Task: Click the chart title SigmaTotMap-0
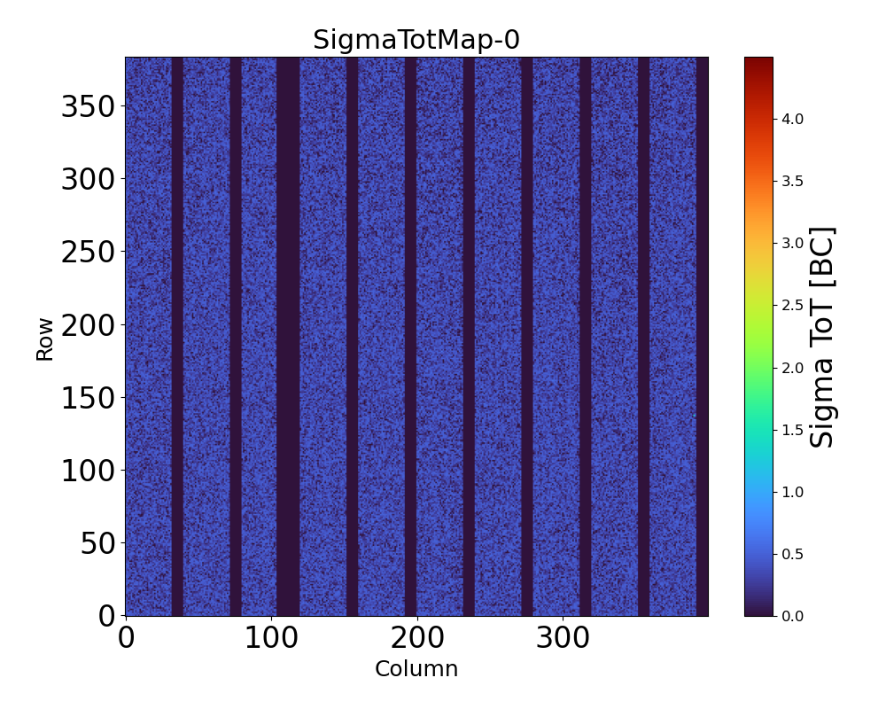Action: (x=416, y=40)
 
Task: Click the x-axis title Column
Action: (x=416, y=669)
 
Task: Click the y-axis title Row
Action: (x=44, y=338)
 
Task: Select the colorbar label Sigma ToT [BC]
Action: (x=823, y=338)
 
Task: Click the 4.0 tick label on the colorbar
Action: (x=792, y=119)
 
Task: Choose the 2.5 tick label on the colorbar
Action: (x=792, y=305)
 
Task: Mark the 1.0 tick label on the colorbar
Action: (x=792, y=491)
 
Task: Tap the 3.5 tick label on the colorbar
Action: (x=792, y=181)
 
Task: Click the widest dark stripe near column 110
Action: (x=288, y=337)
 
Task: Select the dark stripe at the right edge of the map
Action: (x=702, y=337)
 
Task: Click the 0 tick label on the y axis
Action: (x=106, y=615)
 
